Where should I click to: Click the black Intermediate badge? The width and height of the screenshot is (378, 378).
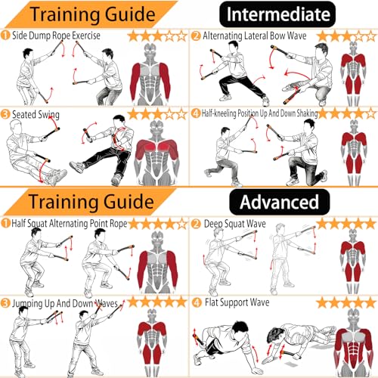pyautogui.click(x=277, y=14)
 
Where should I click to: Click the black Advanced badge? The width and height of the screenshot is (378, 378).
pyautogui.click(x=280, y=202)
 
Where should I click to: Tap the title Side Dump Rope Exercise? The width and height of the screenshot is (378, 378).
pyautogui.click(x=56, y=36)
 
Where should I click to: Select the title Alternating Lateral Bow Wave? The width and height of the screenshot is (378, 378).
pyautogui.click(x=255, y=36)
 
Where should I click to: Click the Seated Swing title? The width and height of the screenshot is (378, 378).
pyautogui.click(x=36, y=115)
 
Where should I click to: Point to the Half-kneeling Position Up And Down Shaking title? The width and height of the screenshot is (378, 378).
pyautogui.click(x=259, y=113)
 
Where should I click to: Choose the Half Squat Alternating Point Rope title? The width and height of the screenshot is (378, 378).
pyautogui.click(x=70, y=224)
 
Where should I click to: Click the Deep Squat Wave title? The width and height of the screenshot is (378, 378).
pyautogui.click(x=235, y=224)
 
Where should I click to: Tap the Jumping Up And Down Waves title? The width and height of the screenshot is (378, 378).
pyautogui.click(x=65, y=303)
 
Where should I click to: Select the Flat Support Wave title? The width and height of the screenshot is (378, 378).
pyautogui.click(x=237, y=302)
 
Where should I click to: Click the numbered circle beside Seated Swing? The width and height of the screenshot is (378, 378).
pyautogui.click(x=5, y=114)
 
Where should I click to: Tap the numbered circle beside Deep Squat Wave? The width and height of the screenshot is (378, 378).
pyautogui.click(x=196, y=224)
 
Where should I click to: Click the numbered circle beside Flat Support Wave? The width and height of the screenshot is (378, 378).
pyautogui.click(x=197, y=302)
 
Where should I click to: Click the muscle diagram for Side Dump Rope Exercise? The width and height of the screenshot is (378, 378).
pyautogui.click(x=150, y=74)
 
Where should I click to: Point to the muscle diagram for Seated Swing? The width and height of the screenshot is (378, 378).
pyautogui.click(x=157, y=153)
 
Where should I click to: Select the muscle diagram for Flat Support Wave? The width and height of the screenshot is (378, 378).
pyautogui.click(x=354, y=342)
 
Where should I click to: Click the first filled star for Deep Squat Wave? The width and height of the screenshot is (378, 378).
pyautogui.click(x=322, y=224)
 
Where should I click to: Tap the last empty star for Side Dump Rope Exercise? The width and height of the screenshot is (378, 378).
pyautogui.click(x=181, y=36)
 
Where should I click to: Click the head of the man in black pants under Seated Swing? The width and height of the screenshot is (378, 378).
pyautogui.click(x=119, y=121)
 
